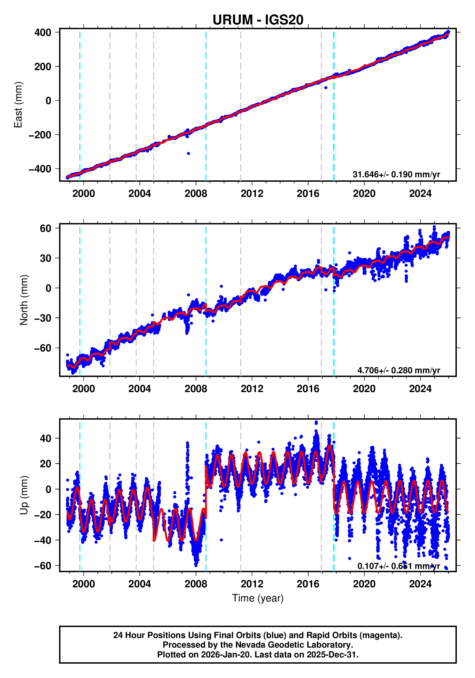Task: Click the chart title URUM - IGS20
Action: point(258,20)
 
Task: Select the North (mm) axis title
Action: point(24,300)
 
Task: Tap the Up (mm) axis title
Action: point(24,495)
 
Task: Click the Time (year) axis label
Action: point(258,598)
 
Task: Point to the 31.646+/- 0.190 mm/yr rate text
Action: point(396,174)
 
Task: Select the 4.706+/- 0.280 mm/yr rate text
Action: point(398,370)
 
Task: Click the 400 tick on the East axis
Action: point(43,33)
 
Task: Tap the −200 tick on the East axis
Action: point(40,135)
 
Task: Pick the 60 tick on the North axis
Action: point(45,228)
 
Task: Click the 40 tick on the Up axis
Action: point(45,439)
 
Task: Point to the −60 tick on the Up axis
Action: point(43,566)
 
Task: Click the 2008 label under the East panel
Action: point(196,194)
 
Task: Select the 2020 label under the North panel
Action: point(364,389)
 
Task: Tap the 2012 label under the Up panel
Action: point(252,584)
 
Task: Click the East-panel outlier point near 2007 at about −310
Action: point(188,154)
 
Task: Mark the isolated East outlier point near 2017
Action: point(326,88)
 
